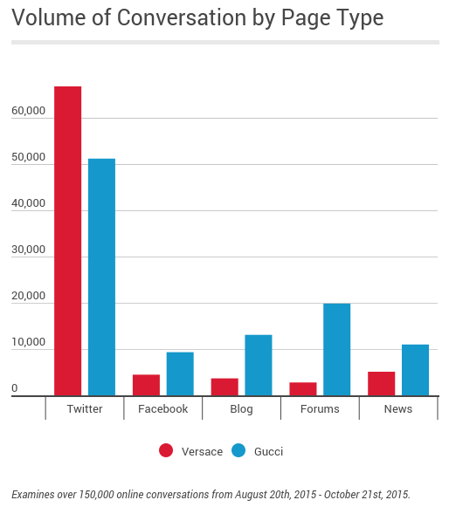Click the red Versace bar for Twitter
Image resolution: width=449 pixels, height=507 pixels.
click(67, 241)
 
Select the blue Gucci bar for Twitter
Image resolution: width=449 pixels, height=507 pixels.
click(101, 277)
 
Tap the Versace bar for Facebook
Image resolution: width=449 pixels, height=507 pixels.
click(146, 385)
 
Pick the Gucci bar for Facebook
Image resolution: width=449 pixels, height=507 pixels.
click(180, 373)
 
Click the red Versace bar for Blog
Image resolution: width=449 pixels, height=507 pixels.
click(224, 387)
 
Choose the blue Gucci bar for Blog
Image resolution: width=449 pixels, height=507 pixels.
click(259, 365)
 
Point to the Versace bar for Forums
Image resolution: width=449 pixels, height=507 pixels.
click(303, 388)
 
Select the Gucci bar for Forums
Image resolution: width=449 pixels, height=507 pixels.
click(336, 349)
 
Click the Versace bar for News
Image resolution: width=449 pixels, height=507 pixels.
click(381, 383)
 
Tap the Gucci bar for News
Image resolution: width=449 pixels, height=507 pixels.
click(415, 370)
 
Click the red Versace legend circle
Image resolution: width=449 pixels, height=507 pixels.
click(166, 451)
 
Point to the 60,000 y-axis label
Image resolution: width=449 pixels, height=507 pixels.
click(28, 112)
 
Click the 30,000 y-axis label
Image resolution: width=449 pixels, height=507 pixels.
click(28, 250)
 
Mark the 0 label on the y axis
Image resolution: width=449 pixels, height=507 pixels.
click(15, 388)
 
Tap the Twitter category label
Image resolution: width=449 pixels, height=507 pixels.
click(84, 408)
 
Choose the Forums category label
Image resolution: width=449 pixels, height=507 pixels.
click(320, 408)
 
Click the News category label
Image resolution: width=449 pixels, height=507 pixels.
click(398, 408)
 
